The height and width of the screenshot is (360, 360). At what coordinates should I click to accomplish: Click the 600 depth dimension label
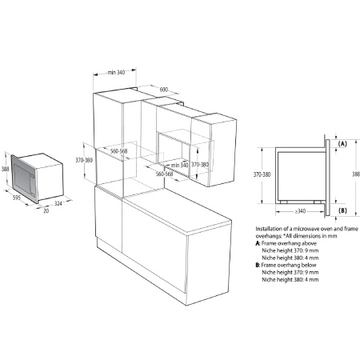pyautogui.click(x=164, y=90)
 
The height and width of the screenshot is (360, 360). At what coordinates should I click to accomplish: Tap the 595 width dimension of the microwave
pyautogui.click(x=17, y=198)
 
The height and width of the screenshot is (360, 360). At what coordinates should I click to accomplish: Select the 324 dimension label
pyautogui.click(x=58, y=203)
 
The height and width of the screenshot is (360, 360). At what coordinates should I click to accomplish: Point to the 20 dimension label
pyautogui.click(x=46, y=210)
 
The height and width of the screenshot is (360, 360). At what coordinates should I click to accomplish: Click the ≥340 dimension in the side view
pyautogui.click(x=300, y=211)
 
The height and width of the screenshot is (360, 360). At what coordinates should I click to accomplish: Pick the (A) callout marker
pyautogui.click(x=342, y=144)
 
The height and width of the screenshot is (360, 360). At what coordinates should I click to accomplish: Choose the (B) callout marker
pyautogui.click(x=342, y=210)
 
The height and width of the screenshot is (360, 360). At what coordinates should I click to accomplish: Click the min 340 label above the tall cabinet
pyautogui.click(x=116, y=72)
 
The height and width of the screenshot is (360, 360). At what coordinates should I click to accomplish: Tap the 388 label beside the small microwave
pyautogui.click(x=5, y=169)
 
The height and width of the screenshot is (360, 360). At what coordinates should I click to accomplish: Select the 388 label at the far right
pyautogui.click(x=356, y=174)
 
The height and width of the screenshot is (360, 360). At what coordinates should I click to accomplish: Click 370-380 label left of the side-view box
pyautogui.click(x=262, y=174)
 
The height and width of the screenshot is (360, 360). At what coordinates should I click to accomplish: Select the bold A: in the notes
pyautogui.click(x=258, y=243)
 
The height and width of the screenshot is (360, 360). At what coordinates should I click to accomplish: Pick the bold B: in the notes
pyautogui.click(x=258, y=265)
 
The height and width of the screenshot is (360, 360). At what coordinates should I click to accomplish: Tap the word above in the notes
pyautogui.click(x=309, y=243)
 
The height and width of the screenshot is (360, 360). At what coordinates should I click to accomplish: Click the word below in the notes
pyautogui.click(x=309, y=265)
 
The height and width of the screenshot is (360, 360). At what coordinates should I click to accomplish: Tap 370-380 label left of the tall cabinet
pyautogui.click(x=84, y=160)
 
